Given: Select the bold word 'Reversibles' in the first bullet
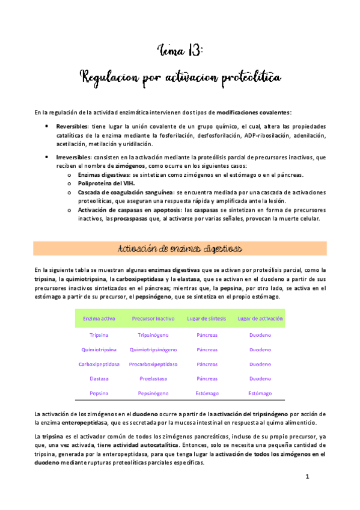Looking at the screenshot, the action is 72,127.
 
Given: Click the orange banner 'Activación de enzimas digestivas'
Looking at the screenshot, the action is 180,248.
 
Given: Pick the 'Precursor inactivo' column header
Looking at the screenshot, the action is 153,318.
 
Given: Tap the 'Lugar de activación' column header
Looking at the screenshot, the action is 260,318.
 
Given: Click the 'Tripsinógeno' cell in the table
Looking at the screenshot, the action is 153,334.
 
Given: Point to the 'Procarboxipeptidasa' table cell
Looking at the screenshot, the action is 153,364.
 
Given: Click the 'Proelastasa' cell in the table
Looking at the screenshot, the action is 153,379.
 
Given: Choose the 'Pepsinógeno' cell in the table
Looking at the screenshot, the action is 153,393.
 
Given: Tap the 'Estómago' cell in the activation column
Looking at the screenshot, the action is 260,393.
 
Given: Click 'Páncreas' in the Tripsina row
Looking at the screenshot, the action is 207,334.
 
